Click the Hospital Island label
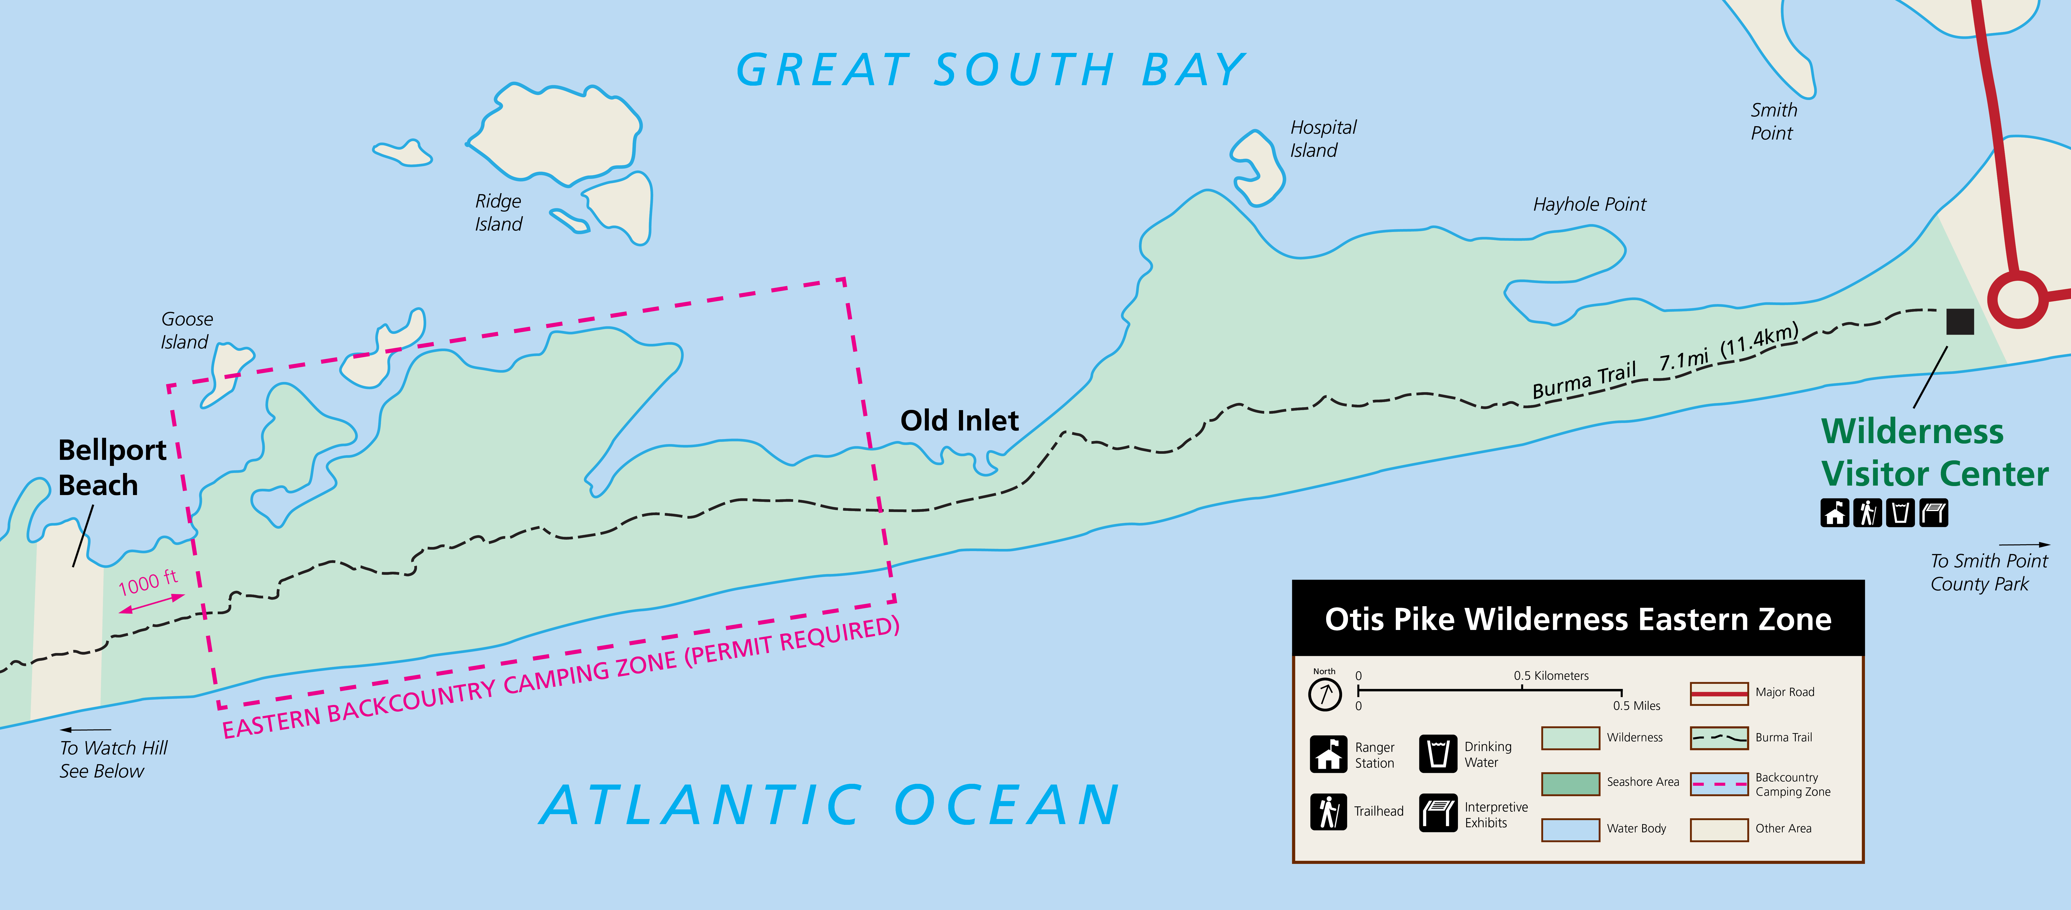tap(1322, 139)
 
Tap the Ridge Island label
tap(499, 212)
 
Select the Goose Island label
tap(186, 331)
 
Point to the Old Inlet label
tap(959, 421)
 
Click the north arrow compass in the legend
tap(1325, 693)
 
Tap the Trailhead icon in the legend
tap(1328, 811)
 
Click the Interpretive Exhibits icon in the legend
tap(1438, 812)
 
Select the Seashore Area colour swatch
tap(1570, 783)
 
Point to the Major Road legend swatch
tap(1719, 693)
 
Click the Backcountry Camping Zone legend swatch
tap(1719, 784)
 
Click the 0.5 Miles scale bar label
tap(1636, 706)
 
